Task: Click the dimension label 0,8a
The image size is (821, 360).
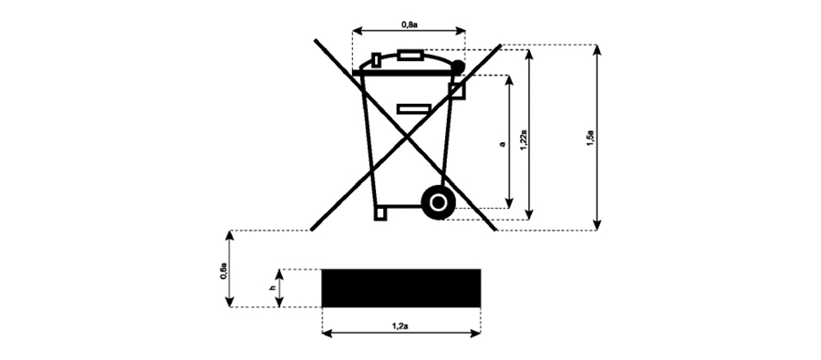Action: pyautogui.click(x=409, y=24)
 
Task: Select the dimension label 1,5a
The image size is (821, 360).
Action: pyautogui.click(x=590, y=139)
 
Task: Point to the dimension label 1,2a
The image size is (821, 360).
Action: pyautogui.click(x=400, y=326)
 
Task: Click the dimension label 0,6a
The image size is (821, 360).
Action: pyautogui.click(x=223, y=273)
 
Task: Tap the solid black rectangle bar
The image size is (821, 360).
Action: pyautogui.click(x=401, y=288)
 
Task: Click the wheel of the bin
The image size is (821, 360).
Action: pyautogui.click(x=438, y=202)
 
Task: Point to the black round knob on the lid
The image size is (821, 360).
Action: pyautogui.click(x=458, y=67)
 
